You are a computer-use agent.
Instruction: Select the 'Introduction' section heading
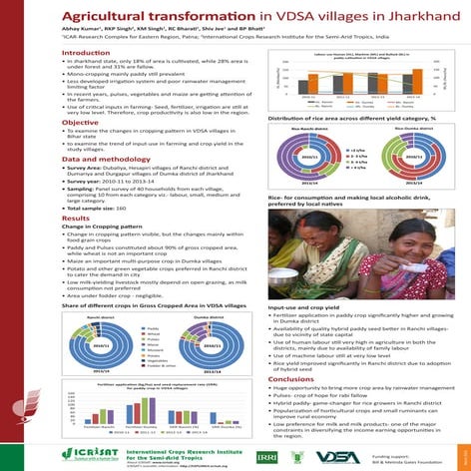86,52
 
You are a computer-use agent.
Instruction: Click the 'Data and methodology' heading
104,160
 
